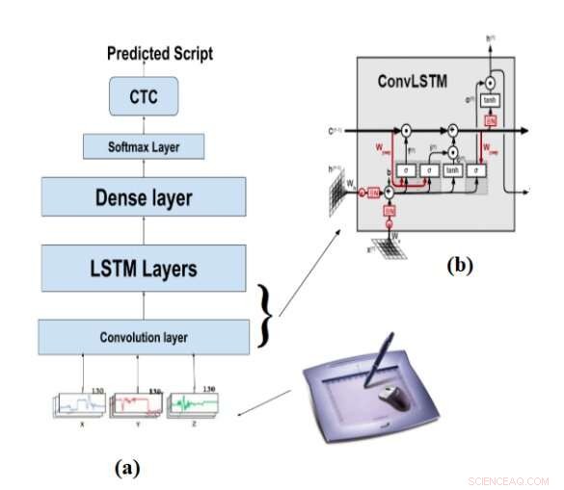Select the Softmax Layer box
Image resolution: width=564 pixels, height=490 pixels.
coord(143,147)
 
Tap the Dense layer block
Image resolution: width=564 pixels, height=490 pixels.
coord(143,198)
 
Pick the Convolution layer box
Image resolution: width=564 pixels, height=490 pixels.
coord(143,337)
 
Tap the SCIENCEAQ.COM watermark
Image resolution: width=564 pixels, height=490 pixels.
coord(507,480)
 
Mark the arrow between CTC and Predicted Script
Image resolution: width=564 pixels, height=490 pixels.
coord(143,70)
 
